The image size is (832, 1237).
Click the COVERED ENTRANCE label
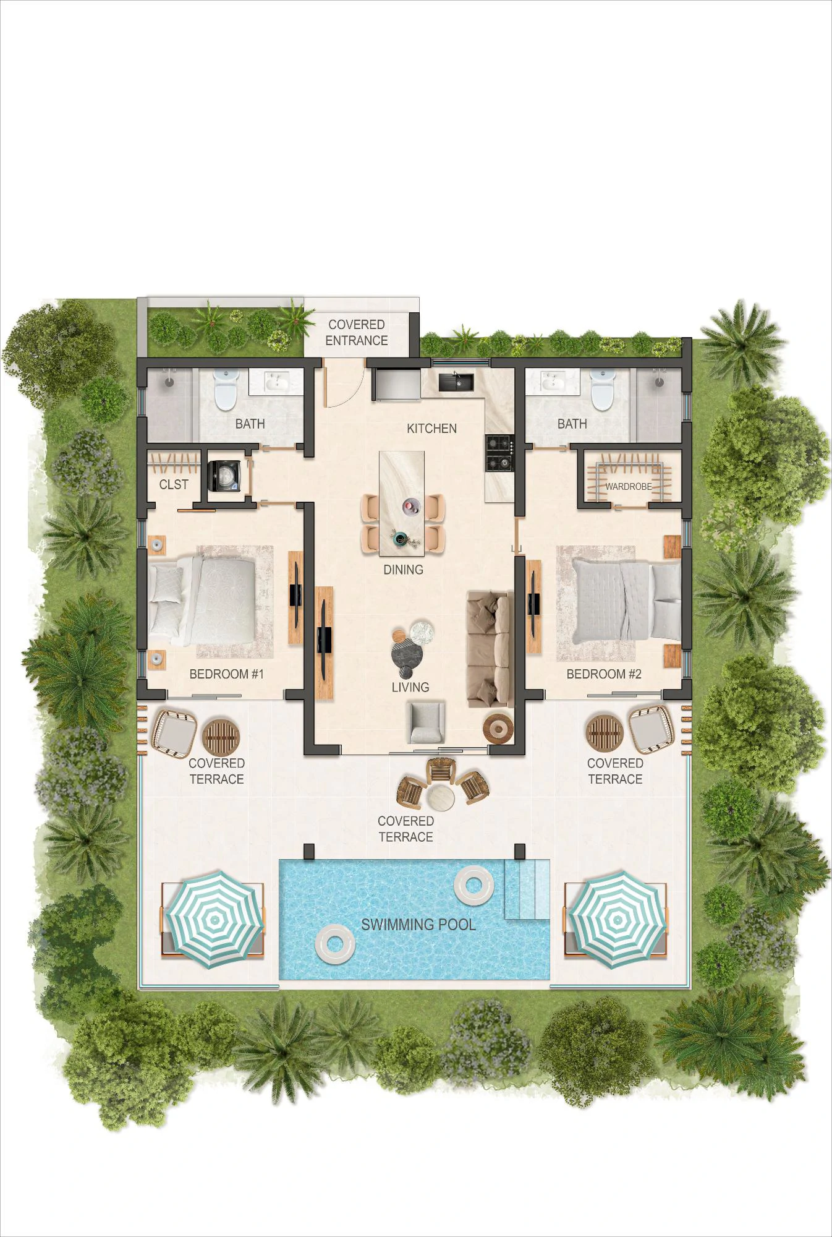pyautogui.click(x=357, y=333)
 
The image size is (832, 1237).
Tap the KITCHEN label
pyautogui.click(x=431, y=429)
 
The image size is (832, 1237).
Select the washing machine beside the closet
pyautogui.click(x=223, y=476)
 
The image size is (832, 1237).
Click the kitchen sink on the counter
pyautogui.click(x=456, y=382)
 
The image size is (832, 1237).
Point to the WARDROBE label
pyautogui.click(x=628, y=487)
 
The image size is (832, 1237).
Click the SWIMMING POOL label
pyautogui.click(x=418, y=925)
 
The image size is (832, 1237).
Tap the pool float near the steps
pyautogui.click(x=474, y=884)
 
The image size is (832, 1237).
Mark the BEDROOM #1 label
pyautogui.click(x=226, y=674)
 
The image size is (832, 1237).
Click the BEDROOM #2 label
pyautogui.click(x=604, y=674)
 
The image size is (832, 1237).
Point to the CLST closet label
pyautogui.click(x=174, y=485)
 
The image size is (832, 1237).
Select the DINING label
pyautogui.click(x=403, y=570)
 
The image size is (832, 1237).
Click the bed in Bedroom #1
pyautogui.click(x=203, y=598)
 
